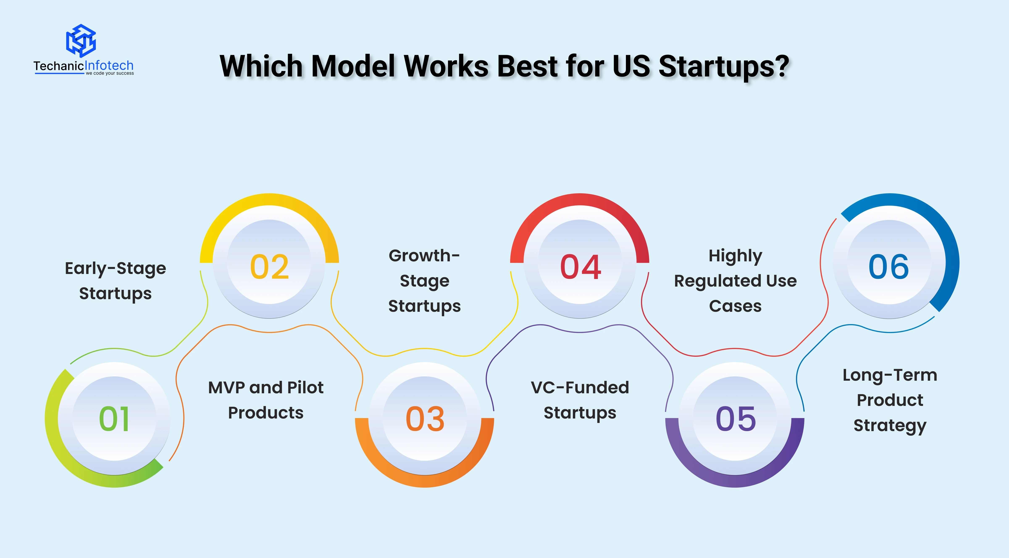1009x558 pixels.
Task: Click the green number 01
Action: pos(114,418)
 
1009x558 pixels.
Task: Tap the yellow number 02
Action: pos(269,267)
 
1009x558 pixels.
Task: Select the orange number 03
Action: pos(425,418)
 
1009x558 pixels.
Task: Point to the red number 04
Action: pos(580,267)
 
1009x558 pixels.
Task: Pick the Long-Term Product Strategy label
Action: pos(890,400)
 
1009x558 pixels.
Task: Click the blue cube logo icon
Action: pos(81,40)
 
